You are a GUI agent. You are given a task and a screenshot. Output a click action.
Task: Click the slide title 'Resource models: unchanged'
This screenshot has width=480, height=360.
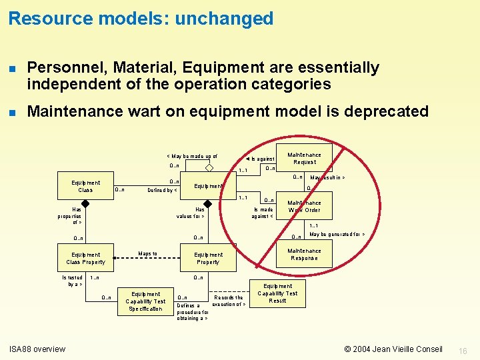[141, 19]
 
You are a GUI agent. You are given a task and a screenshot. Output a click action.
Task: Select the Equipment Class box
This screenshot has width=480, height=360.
[86, 187]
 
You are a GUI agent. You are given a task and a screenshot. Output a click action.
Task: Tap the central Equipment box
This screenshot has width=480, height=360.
[209, 186]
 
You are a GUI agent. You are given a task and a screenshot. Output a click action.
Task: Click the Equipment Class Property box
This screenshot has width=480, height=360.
[86, 258]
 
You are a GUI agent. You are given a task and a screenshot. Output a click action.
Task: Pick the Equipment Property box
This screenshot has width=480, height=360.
[208, 258]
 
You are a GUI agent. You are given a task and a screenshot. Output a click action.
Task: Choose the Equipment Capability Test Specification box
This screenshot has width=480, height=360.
[145, 301]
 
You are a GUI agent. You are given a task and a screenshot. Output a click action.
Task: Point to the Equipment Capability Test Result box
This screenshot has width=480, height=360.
[277, 293]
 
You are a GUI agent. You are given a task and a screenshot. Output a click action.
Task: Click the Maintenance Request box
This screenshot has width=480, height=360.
[305, 159]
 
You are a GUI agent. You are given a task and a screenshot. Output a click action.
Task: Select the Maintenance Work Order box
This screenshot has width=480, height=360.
[304, 207]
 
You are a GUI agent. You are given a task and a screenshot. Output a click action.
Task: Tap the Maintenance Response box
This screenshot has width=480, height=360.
[304, 255]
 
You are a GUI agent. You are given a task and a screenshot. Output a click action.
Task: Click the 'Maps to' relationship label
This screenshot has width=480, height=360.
[147, 253]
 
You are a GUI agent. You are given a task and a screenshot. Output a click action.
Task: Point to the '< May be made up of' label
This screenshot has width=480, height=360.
[192, 157]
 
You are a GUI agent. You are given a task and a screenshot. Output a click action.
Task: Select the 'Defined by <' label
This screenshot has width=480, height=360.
[162, 190]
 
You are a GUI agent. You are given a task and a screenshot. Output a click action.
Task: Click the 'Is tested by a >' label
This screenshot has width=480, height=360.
[73, 281]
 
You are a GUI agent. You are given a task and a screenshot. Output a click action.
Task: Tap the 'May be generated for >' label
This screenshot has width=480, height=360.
[337, 235]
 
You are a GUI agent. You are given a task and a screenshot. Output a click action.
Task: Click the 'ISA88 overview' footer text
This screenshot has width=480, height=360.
[37, 349]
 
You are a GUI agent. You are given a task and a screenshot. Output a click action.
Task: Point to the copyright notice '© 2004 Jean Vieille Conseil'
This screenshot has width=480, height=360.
[393, 349]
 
